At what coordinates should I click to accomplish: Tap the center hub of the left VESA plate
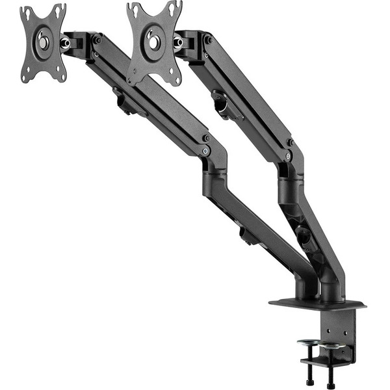click(43, 42)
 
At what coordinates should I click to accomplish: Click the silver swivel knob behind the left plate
click(65, 43)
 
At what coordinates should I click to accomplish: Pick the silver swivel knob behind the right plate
click(177, 42)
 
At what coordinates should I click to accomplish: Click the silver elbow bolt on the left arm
click(205, 151)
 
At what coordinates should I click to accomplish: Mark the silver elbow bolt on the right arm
click(288, 155)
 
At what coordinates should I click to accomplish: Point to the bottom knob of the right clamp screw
click(331, 384)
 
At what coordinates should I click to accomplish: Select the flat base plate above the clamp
click(317, 304)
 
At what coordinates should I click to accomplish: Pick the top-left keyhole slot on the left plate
click(25, 13)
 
